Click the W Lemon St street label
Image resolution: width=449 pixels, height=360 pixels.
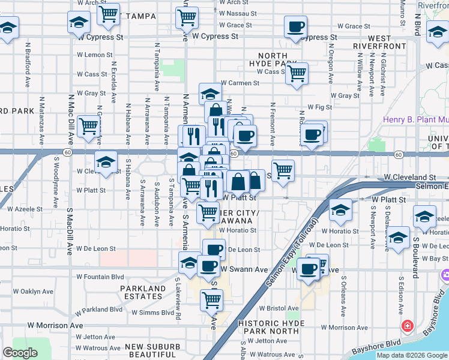point(95,55)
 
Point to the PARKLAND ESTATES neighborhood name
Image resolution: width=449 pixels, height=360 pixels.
point(142,293)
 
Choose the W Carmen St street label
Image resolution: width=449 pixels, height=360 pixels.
point(240,83)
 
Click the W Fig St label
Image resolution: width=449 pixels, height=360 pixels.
point(319,107)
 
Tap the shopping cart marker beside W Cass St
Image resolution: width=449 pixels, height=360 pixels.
point(297,74)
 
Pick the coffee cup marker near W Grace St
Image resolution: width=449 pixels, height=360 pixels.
point(295,27)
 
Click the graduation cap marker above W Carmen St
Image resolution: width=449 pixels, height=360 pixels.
point(210,94)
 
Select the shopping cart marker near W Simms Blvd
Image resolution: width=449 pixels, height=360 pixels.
point(211,299)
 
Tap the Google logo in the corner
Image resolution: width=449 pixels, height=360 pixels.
point(20,353)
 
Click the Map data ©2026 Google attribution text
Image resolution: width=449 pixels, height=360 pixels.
point(412,355)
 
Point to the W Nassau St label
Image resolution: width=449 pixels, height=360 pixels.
point(238,13)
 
